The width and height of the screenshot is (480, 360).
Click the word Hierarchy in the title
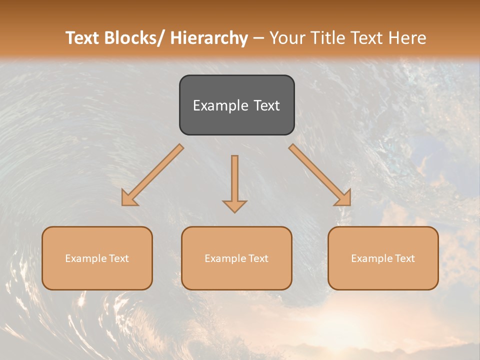pos(209,38)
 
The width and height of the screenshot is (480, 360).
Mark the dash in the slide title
pos(258,38)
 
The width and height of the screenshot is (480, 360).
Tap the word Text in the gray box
pos(265,105)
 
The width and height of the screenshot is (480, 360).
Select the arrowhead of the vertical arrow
pos(234,205)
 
